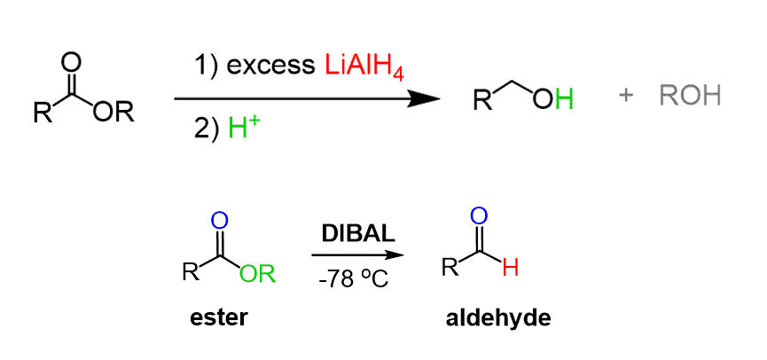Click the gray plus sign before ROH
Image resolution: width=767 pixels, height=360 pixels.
pos(626,96)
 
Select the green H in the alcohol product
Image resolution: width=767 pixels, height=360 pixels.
pos(564,98)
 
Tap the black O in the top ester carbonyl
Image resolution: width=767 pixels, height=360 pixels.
pos(73,62)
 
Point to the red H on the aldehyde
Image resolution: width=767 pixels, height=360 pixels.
pos(510,267)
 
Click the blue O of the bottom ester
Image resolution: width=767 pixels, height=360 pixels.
pos(221,219)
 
